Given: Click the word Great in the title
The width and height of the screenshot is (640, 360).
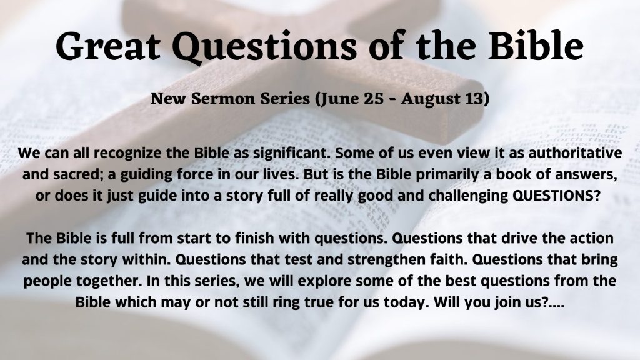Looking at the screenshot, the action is point(108,46).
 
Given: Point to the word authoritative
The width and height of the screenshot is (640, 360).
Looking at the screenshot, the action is point(575,153).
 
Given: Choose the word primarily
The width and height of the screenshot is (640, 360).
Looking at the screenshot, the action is point(444,175).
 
